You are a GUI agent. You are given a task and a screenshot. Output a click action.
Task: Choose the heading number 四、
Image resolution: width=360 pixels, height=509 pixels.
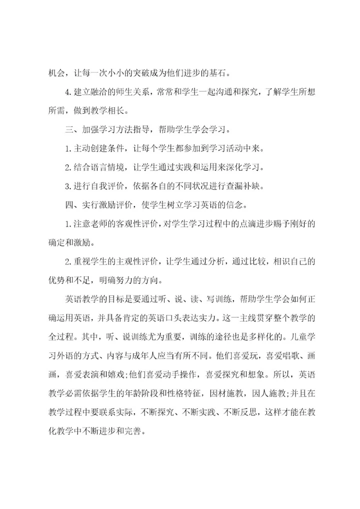[x=71, y=205]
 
